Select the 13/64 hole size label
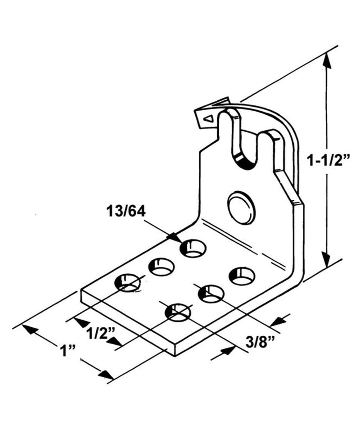click(126, 211)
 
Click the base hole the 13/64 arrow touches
click(193, 248)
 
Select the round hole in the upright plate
click(242, 208)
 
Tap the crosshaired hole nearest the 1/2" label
click(127, 282)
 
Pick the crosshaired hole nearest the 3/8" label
click(177, 312)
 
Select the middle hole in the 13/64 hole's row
click(162, 267)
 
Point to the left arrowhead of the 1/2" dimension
click(81, 322)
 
